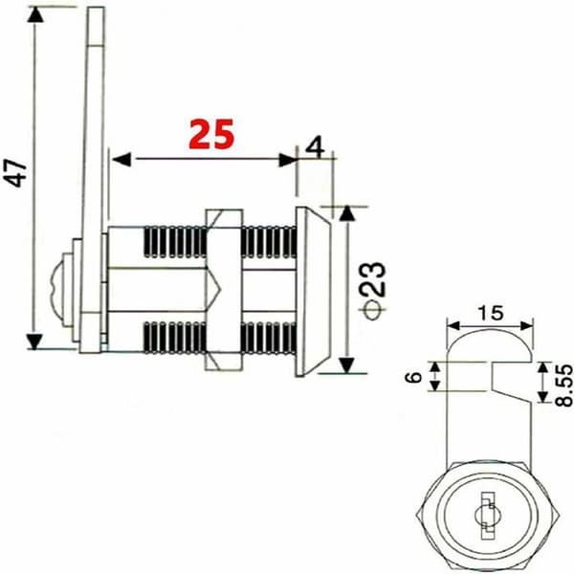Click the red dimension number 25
click(211, 134)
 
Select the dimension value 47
click(15, 173)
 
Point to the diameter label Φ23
click(374, 291)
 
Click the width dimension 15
click(490, 314)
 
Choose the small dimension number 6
click(414, 377)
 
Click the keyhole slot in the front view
click(487, 516)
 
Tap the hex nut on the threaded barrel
click(224, 290)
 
